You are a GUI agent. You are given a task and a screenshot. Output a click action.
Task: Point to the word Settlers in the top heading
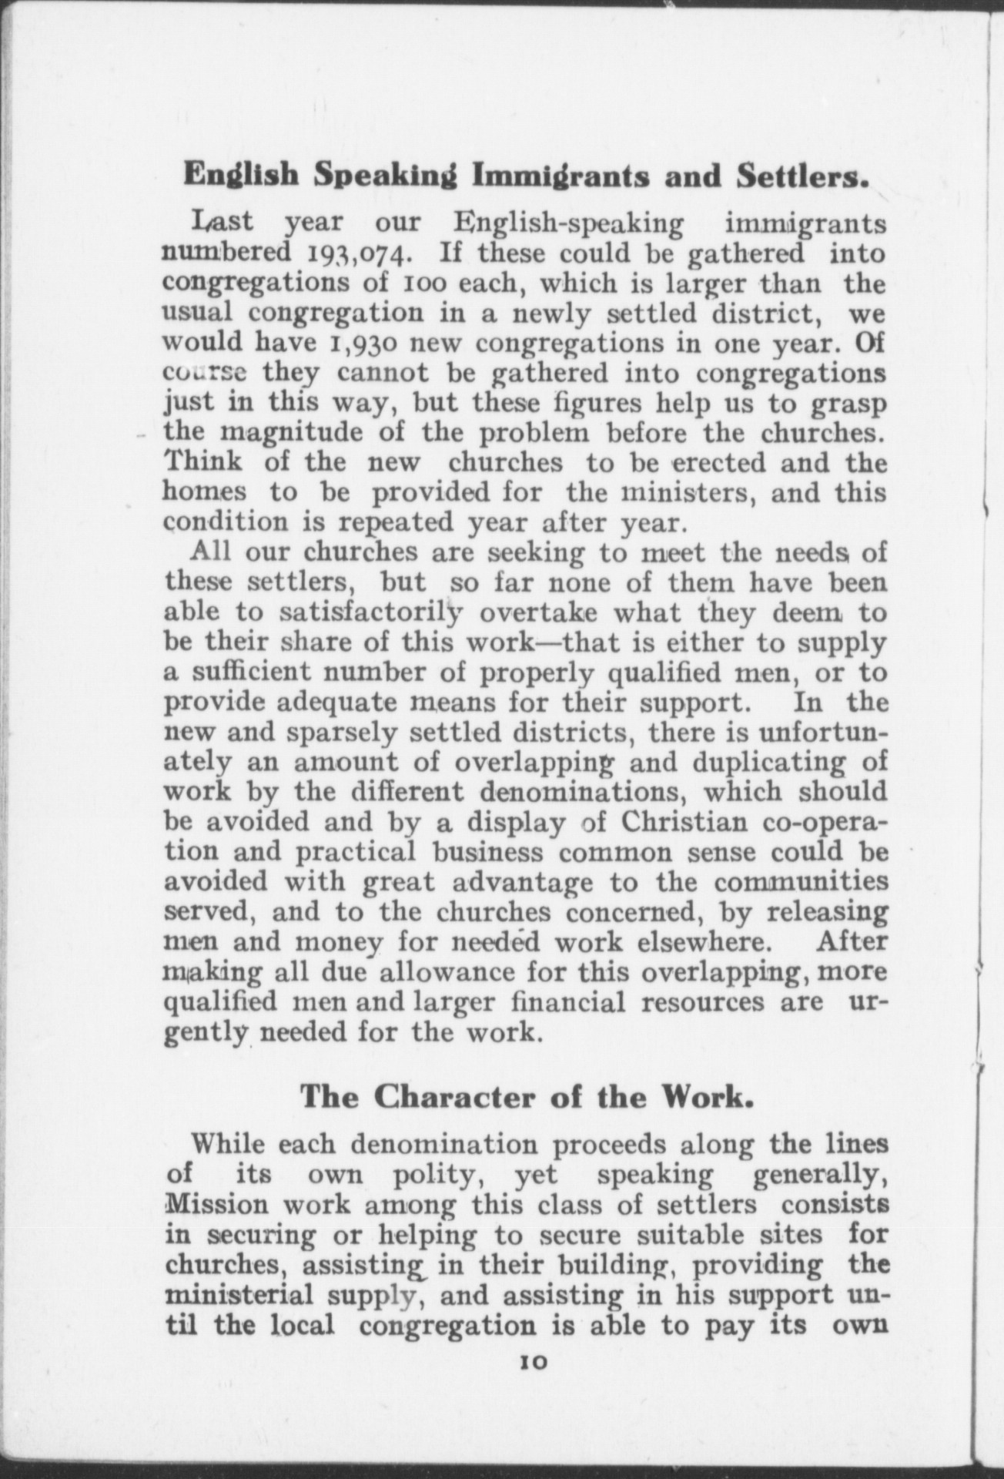802,176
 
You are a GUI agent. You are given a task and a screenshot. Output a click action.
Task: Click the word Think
202,462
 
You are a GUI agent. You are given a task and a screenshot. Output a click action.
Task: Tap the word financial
569,1002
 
